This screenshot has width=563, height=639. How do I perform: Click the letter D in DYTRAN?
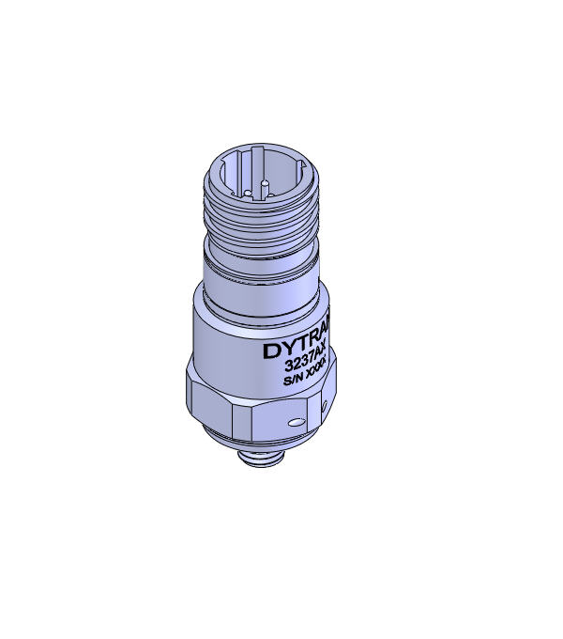tap(269, 352)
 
